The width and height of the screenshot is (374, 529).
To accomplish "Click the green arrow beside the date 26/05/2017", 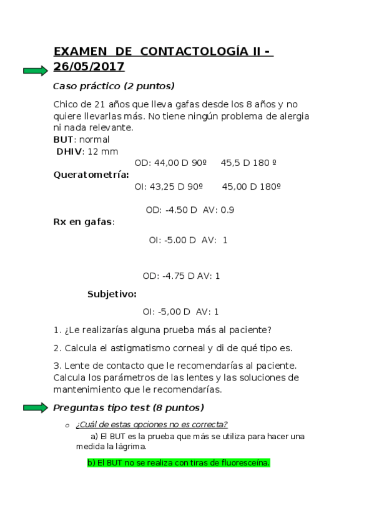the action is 35,70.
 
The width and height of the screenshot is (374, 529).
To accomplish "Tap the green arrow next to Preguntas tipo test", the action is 35,408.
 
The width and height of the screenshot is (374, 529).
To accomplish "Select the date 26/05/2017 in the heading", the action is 89,67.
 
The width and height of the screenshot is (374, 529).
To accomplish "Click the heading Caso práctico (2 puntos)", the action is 114,86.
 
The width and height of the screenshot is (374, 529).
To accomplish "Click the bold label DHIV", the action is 69,151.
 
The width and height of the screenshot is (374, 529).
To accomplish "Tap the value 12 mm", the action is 101,151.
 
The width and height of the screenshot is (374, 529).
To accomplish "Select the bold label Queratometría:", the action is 91,175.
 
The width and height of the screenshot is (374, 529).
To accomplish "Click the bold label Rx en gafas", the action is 82,221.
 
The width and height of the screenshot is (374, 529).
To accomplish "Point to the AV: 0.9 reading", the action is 219,210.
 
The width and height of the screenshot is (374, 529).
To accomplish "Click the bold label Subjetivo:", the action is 112,294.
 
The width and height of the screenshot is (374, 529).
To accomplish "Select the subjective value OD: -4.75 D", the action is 169,276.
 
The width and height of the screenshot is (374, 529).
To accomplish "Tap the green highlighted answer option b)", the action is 179,463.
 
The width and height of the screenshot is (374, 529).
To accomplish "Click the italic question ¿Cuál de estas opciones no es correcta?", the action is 151,425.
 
